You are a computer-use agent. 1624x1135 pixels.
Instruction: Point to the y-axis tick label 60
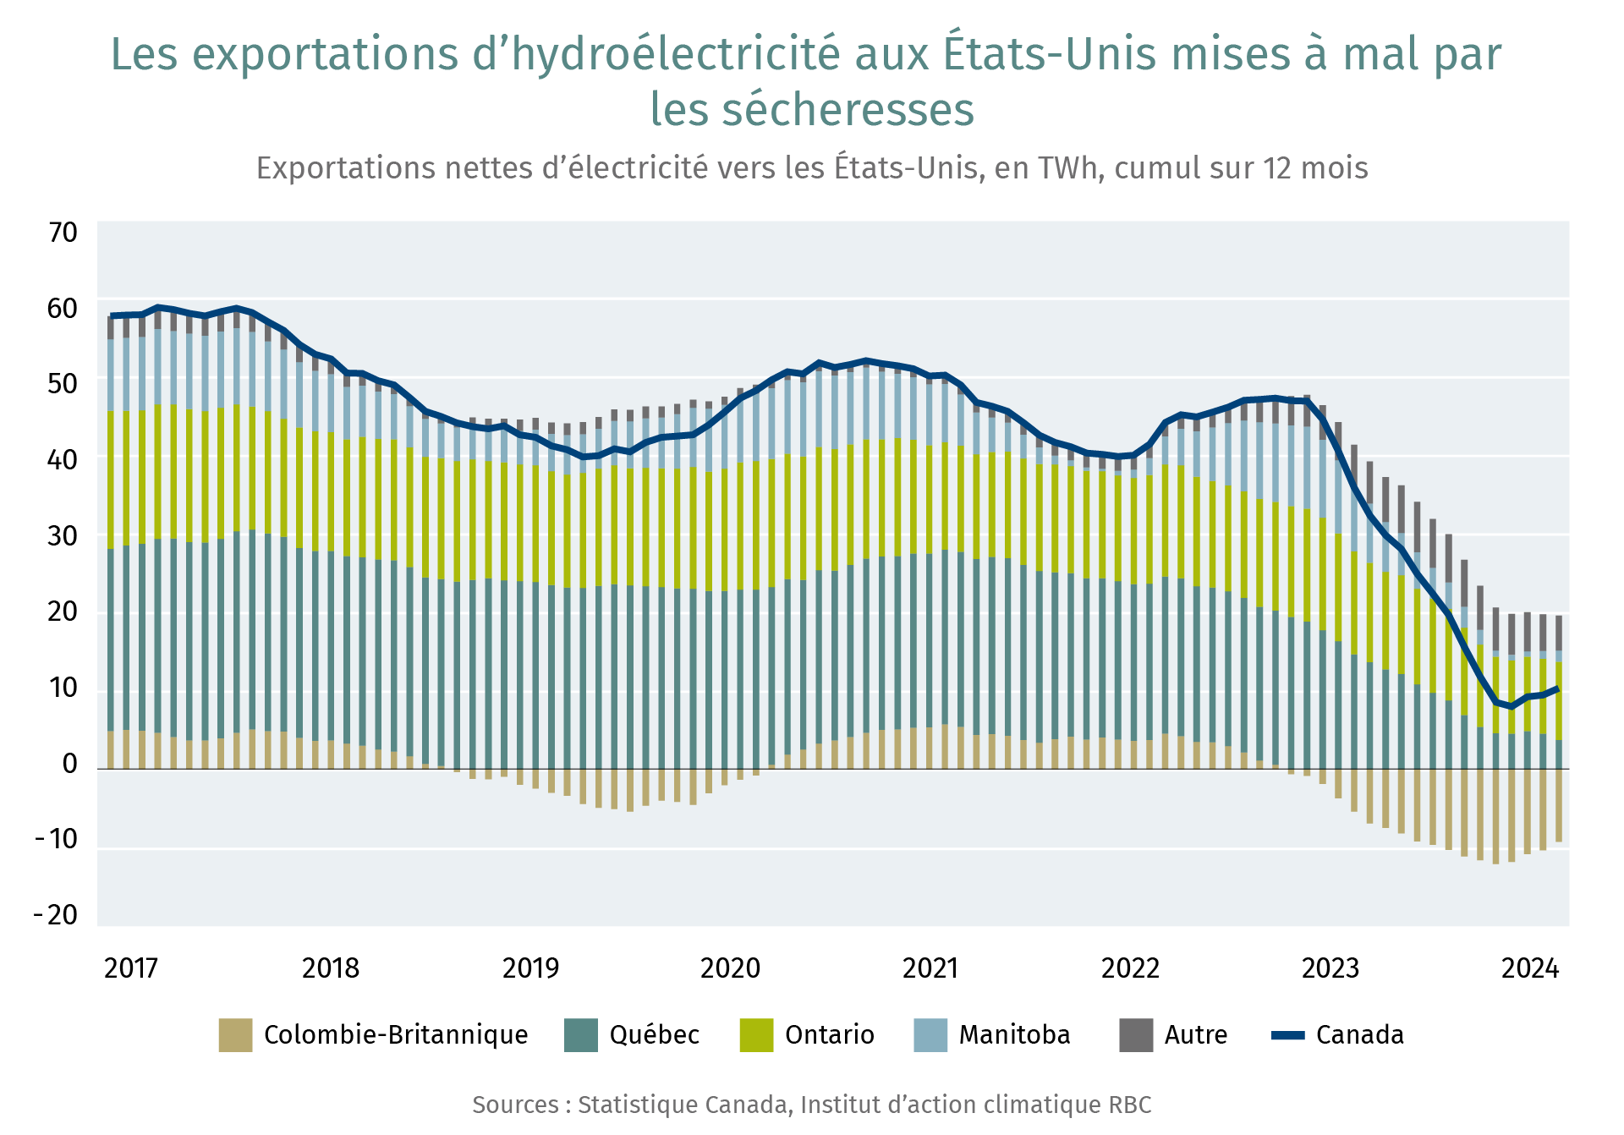pos(62,309)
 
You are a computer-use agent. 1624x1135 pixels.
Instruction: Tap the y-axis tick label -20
pos(56,914)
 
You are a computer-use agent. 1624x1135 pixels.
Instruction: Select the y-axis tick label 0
pos(69,764)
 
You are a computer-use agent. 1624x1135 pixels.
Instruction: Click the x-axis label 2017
pos(131,968)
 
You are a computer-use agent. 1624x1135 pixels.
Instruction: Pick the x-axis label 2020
pos(730,968)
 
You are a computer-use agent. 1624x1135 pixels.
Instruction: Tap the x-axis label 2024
pos(1530,968)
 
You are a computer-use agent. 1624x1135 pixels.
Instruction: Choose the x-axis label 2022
pos(1130,968)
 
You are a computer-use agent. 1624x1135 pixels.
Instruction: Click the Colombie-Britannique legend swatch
pos(235,1035)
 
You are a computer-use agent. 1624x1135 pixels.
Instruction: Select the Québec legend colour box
pos(581,1035)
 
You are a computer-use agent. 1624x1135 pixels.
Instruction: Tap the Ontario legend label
pos(829,1035)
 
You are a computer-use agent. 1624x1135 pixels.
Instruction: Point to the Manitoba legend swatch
pos(930,1035)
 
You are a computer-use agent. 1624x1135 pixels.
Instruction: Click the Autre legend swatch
pos(1136,1035)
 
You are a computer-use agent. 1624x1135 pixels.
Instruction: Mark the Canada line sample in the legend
pos(1288,1035)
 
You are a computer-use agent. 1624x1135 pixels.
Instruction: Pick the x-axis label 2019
pos(530,968)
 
